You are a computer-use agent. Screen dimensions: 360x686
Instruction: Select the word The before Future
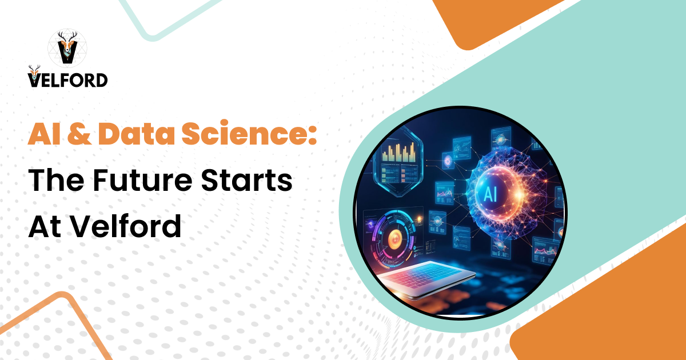pos(56,182)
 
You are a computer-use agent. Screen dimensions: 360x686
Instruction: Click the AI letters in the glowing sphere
pos(489,194)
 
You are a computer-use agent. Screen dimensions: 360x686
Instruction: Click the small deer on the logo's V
pos(34,72)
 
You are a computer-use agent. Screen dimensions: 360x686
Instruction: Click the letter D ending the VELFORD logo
pos(101,79)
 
